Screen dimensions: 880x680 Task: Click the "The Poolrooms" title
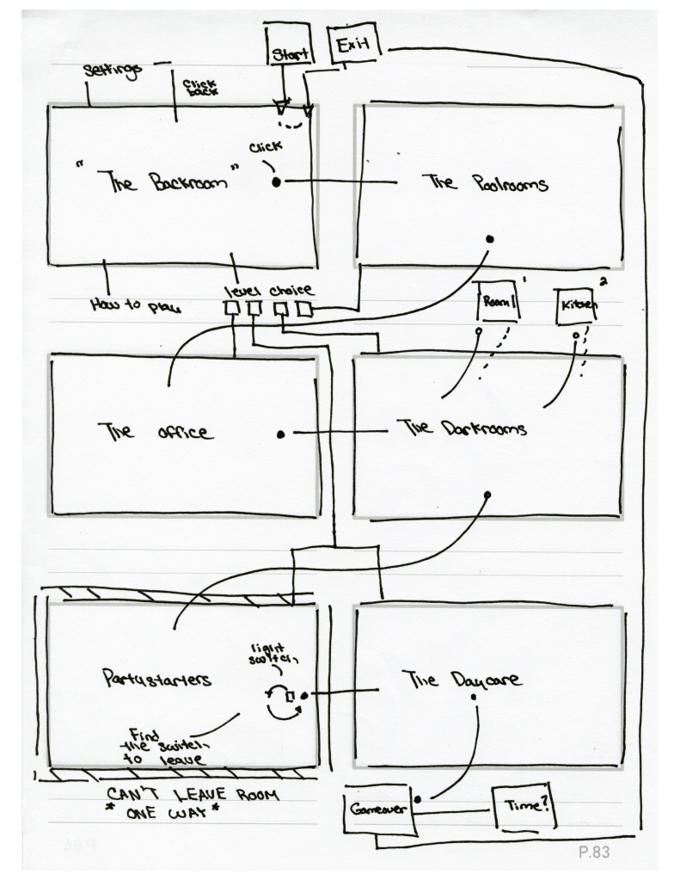tap(485, 183)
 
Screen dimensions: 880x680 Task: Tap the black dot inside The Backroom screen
tap(277, 182)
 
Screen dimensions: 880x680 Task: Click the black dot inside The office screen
tap(281, 434)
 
